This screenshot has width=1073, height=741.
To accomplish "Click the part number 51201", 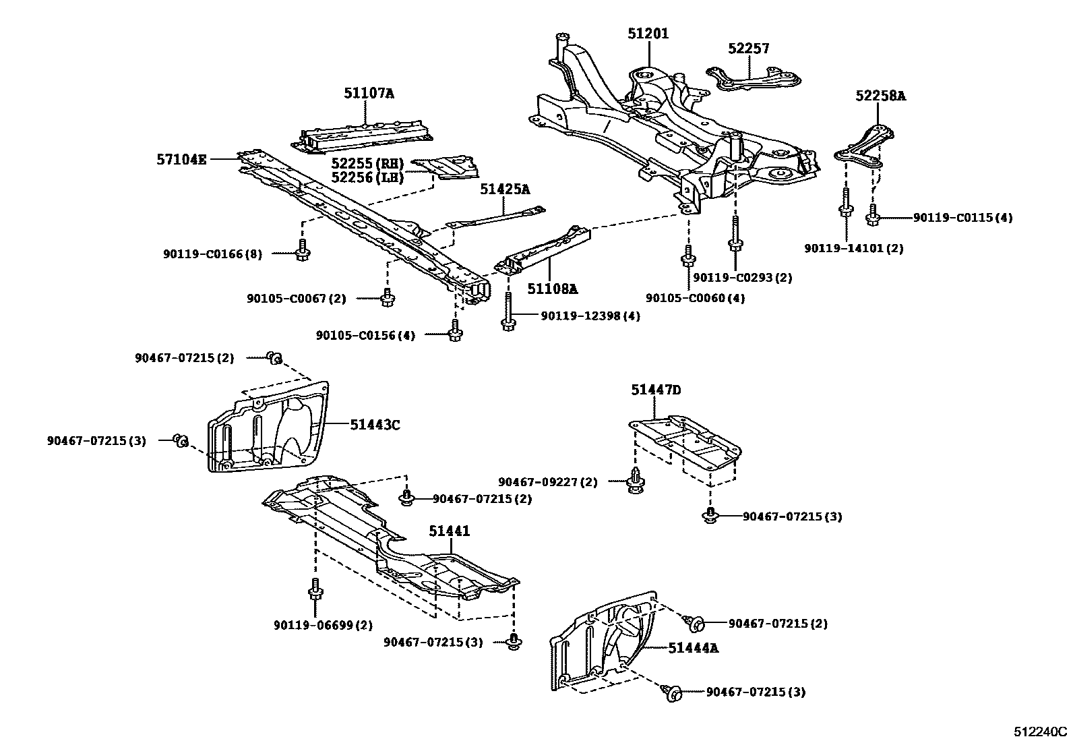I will [648, 33].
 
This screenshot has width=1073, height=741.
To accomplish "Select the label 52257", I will [748, 49].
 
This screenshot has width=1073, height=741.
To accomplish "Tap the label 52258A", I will [881, 96].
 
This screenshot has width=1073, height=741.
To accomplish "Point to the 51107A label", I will [369, 94].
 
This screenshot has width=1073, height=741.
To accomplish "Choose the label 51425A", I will [505, 189].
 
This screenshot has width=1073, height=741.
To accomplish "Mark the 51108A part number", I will [553, 289].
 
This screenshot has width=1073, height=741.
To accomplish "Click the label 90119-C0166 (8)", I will [212, 254].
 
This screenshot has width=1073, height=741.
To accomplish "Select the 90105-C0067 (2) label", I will [296, 298].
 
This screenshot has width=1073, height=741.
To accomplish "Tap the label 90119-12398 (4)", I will [590, 316].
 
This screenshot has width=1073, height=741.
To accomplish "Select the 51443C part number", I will [375, 425].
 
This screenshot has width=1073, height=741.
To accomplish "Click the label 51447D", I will [656, 390].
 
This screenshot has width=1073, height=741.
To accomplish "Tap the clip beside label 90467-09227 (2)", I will [634, 481].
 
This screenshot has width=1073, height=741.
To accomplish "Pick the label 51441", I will [450, 531].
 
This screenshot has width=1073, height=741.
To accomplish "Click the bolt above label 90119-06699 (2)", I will [315, 590].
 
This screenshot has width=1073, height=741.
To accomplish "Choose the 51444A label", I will [694, 648].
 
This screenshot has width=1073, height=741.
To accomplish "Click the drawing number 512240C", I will [1042, 732].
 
